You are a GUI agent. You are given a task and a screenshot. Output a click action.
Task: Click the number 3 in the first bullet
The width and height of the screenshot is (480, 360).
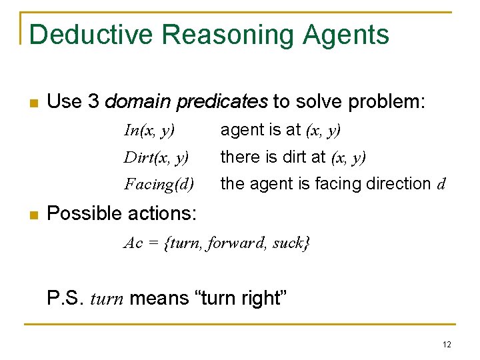pos(93,101)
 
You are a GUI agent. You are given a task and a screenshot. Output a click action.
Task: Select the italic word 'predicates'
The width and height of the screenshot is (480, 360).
pos(227,101)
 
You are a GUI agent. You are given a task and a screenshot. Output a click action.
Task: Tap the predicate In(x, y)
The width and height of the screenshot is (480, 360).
pos(149,131)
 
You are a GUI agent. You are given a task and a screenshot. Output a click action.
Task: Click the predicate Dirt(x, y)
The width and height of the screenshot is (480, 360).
pos(156,157)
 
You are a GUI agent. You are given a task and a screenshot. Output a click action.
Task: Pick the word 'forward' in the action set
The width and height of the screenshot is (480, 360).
pos(235,243)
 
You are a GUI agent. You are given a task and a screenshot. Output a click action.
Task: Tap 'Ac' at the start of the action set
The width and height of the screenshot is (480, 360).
pos(133,243)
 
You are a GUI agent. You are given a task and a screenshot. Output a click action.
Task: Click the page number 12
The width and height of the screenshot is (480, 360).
pos(446,345)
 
